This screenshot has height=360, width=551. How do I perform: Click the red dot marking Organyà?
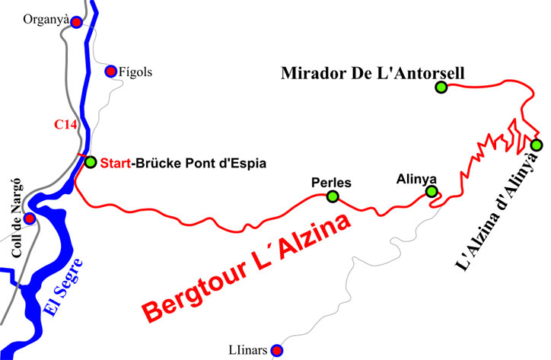(x=76, y=22)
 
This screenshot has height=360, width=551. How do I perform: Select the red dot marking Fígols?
(x=110, y=72)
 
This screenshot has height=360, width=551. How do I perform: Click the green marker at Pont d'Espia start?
(x=91, y=162)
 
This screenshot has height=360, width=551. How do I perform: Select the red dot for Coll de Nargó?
(x=30, y=218)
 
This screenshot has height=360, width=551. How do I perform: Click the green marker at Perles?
(x=332, y=197)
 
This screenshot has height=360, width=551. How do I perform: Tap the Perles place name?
(x=331, y=183)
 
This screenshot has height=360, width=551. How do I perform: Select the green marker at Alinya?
(x=432, y=192)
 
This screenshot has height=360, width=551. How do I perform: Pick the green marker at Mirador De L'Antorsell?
(x=441, y=88)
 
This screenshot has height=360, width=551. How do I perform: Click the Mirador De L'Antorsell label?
(x=372, y=73)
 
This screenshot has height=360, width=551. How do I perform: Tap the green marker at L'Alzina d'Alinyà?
(x=537, y=145)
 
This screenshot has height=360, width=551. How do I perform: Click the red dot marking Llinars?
(x=278, y=350)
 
